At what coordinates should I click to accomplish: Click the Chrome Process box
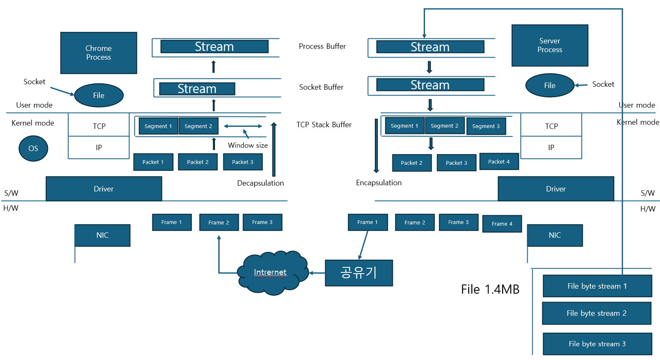pos(99,53)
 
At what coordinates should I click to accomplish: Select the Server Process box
pos(550,45)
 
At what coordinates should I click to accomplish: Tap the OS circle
pos(33,149)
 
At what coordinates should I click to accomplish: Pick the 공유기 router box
pos(359,273)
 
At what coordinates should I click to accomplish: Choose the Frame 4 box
pos(502,224)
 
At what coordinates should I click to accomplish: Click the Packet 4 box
pos(499,162)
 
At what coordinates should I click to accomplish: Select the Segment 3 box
pos(486,126)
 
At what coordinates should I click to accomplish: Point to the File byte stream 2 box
pos(597,313)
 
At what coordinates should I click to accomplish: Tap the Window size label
pos(248,146)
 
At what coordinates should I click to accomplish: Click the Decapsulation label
pos(260,183)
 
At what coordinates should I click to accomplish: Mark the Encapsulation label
pos(379,183)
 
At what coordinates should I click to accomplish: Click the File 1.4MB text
pos(490,290)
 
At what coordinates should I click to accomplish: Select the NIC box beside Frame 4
pos(554,235)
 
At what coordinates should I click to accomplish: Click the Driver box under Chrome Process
pos(104,189)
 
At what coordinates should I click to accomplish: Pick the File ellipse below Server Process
pos(549,86)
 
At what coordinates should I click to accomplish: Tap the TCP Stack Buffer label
pos(324,125)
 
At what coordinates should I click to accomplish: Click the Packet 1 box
pos(153,162)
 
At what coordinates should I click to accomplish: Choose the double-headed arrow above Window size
pos(243,126)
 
